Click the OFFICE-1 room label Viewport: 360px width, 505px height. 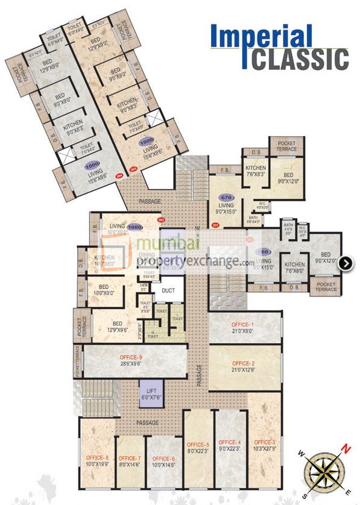coord(244,325)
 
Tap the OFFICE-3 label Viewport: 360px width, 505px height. coord(265,442)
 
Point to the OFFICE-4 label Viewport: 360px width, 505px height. coord(230,442)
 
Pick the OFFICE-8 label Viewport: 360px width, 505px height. coord(97,459)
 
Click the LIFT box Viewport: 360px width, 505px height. coord(151,392)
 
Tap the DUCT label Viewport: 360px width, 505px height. coord(168,290)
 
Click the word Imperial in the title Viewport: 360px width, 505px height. coord(261,37)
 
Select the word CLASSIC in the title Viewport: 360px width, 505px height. coord(300,60)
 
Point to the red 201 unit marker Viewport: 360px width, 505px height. coord(216,226)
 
